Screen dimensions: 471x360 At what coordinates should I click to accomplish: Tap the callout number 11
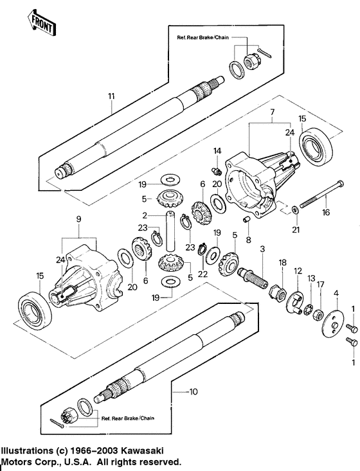click(111, 96)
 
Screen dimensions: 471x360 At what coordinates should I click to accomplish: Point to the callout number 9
click(80, 218)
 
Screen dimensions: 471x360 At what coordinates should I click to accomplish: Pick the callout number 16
click(327, 211)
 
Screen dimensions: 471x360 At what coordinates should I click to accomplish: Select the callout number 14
click(217, 150)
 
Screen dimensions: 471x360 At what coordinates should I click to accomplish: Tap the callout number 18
click(282, 263)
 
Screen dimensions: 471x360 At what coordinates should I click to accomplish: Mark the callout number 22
click(203, 274)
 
